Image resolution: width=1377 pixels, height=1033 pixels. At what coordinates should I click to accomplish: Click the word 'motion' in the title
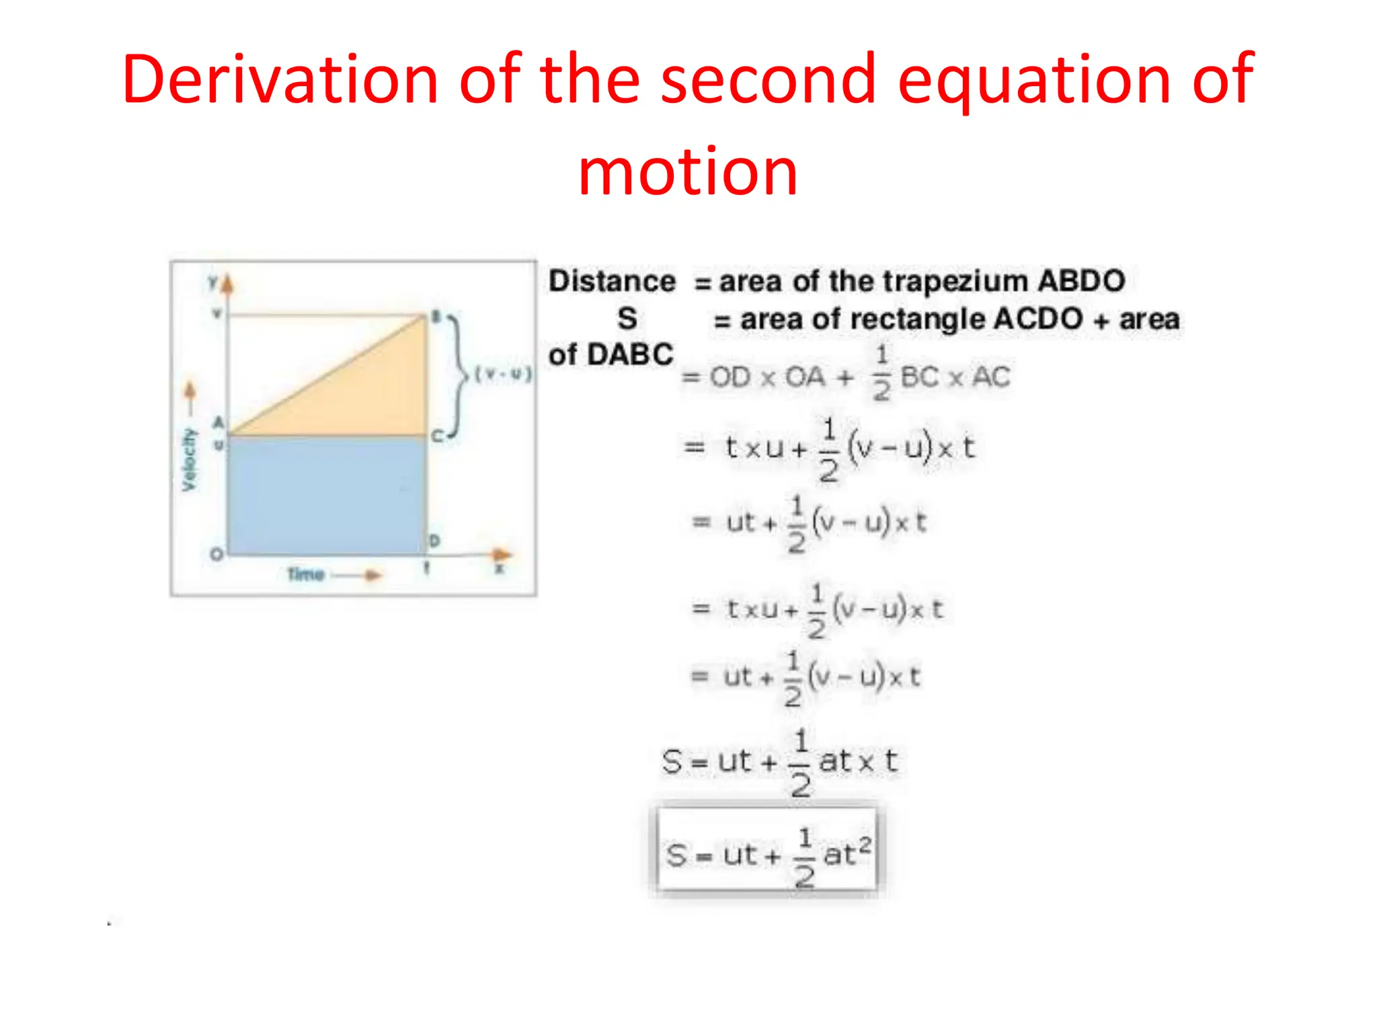(688, 172)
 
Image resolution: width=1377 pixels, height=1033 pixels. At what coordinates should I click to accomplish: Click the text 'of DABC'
(611, 354)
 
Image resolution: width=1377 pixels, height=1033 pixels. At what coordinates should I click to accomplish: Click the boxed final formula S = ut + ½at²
(767, 853)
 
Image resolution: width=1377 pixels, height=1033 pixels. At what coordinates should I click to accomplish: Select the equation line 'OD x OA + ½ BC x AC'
(846, 377)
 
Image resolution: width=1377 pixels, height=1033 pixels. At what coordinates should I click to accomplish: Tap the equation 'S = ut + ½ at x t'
(780, 763)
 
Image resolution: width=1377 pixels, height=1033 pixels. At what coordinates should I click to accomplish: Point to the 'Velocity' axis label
(190, 459)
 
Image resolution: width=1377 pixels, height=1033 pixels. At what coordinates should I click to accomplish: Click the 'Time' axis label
(306, 574)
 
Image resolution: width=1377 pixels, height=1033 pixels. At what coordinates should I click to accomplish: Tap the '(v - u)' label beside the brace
(503, 374)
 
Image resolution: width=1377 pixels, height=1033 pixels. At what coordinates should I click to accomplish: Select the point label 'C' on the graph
(436, 436)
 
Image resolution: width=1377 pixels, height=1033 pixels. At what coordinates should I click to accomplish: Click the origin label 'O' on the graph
(217, 554)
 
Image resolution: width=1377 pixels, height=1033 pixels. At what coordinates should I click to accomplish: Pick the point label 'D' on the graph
(434, 540)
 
